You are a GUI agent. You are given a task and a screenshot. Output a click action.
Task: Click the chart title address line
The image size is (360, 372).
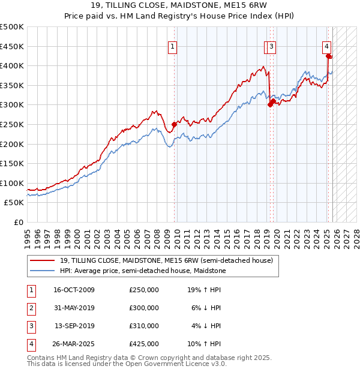point(179,5)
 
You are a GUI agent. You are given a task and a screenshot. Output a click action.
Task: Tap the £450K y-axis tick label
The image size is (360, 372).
point(12,46)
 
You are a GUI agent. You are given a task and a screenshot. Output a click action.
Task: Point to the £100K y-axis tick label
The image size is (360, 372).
point(12,184)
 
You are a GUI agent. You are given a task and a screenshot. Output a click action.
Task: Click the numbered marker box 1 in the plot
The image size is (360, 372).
point(172,46)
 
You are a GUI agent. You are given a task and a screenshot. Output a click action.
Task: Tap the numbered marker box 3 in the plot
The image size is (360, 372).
point(272,46)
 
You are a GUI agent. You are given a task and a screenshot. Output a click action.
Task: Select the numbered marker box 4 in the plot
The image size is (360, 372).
point(326,46)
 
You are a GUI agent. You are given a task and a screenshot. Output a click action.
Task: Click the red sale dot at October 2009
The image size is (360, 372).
point(174,125)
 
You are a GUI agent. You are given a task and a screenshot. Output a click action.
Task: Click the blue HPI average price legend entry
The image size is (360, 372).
point(142,271)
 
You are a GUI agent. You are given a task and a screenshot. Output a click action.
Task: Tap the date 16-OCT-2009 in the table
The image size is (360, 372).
point(74,290)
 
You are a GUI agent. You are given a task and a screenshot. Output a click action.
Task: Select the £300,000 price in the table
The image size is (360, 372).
point(143,308)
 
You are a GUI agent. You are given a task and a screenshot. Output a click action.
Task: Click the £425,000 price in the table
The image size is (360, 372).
point(143,344)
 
